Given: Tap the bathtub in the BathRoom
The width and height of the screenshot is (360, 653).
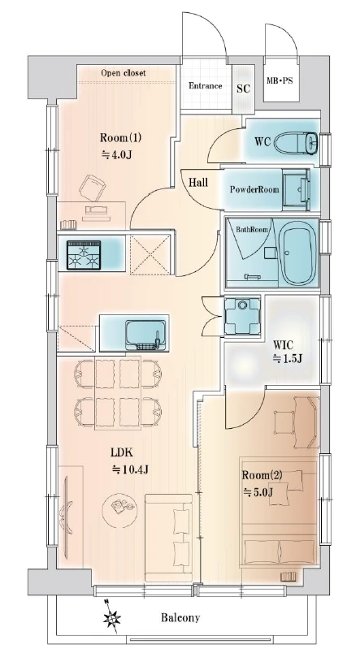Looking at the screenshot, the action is click(298, 253).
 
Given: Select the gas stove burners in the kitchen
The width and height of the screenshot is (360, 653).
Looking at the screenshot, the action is click(85, 253).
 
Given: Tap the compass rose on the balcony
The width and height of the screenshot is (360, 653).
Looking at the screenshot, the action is click(111, 616).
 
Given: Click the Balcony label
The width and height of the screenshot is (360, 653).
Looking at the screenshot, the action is click(180, 617).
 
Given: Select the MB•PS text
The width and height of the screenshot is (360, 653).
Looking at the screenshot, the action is click(280, 80).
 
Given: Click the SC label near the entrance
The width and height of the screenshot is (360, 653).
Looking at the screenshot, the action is click(243, 89).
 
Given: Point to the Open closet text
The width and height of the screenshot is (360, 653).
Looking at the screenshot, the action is click(124, 73).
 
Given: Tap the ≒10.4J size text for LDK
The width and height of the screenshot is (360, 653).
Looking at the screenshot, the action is click(130, 470).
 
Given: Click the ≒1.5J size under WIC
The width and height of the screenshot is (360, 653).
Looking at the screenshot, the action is click(287, 358).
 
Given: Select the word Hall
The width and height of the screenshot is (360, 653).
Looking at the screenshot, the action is click(198, 182).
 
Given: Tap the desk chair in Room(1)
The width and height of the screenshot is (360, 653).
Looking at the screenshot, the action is click(93, 188).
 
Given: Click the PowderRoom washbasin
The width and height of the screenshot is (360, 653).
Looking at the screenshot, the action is click(297, 188).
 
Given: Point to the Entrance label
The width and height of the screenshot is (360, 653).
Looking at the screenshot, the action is click(206, 86).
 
